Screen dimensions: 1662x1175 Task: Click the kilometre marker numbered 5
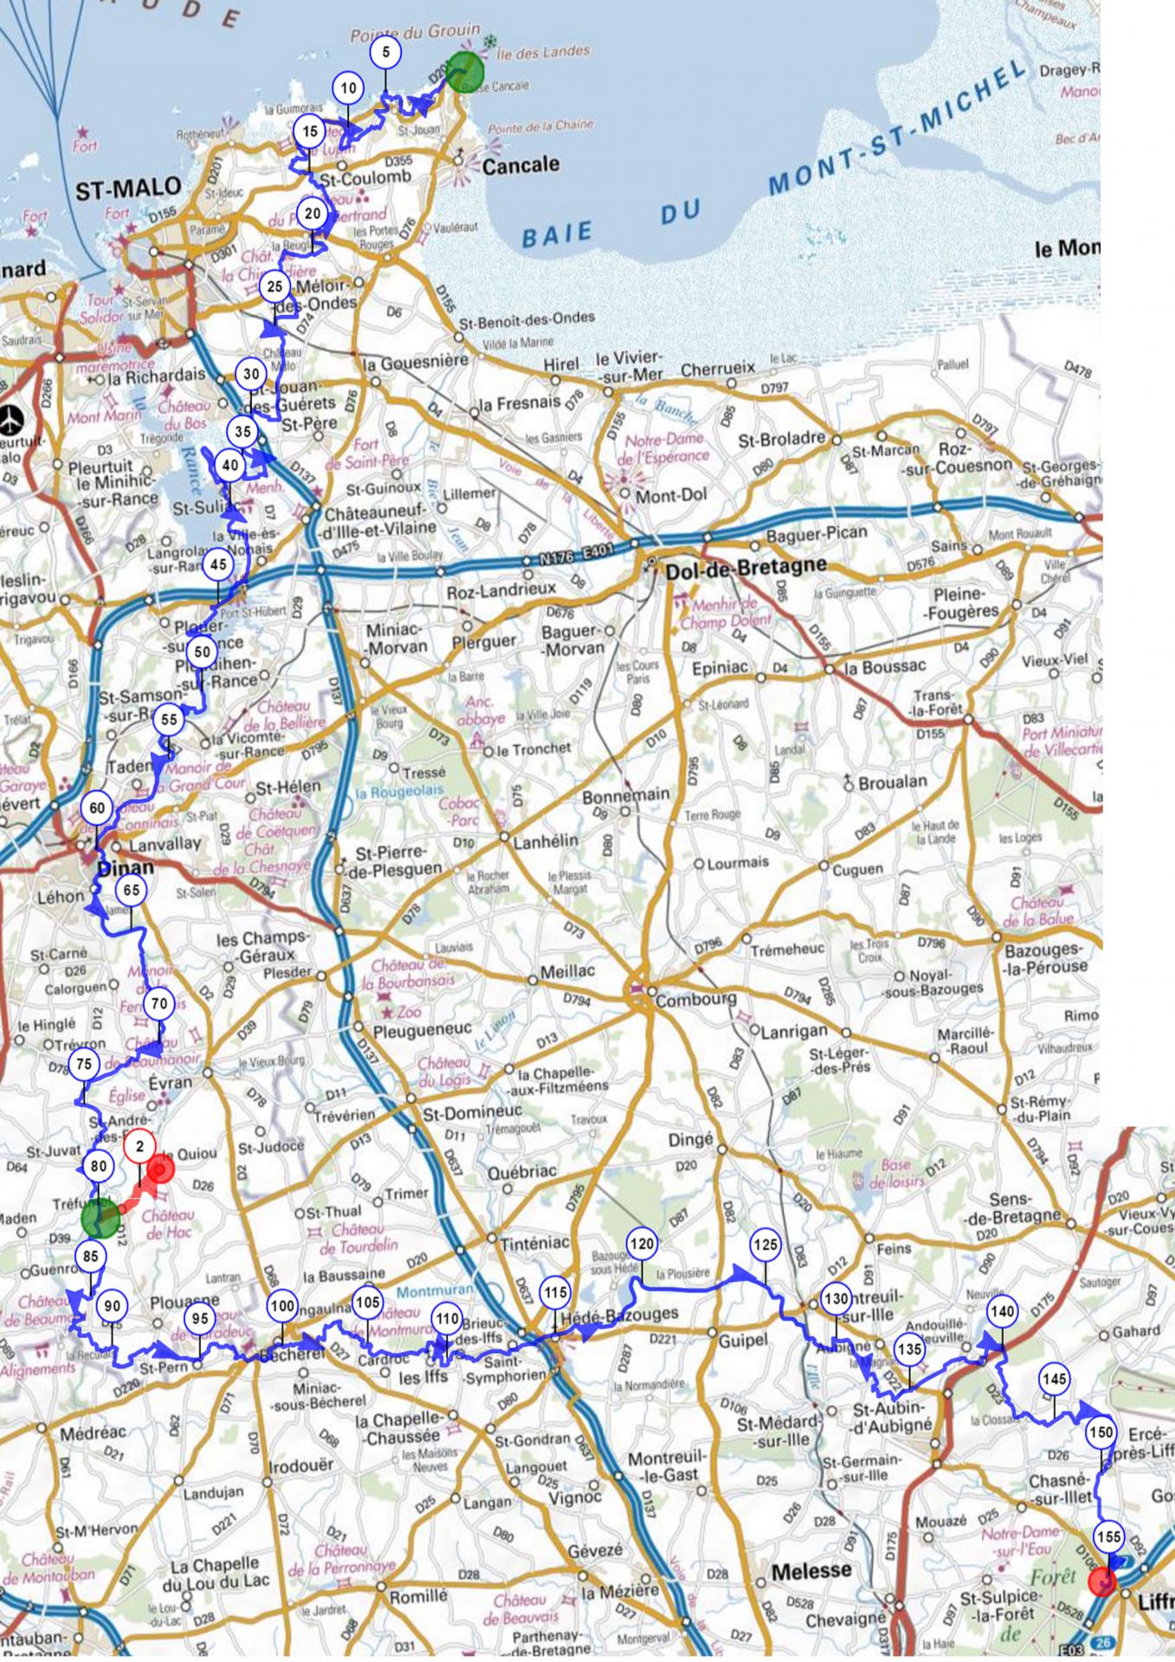click(x=385, y=52)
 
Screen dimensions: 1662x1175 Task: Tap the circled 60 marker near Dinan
click(x=97, y=808)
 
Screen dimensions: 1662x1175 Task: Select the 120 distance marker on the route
click(x=642, y=1244)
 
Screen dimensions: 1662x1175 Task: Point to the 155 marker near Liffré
click(x=1108, y=1537)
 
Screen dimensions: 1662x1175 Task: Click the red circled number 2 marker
click(x=139, y=1148)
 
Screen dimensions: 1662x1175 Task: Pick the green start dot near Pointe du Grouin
click(x=466, y=72)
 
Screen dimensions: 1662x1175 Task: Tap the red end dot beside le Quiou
click(x=161, y=1170)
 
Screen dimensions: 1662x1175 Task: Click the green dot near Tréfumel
click(x=100, y=1218)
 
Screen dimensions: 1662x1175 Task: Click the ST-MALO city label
click(x=129, y=188)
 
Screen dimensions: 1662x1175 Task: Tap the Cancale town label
click(x=520, y=164)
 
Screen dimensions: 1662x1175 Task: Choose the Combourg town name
click(x=696, y=1000)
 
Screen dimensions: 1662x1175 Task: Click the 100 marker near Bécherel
click(x=282, y=1306)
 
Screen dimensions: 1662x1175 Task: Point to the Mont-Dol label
click(x=671, y=496)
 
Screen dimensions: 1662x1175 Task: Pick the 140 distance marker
click(x=1002, y=1312)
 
